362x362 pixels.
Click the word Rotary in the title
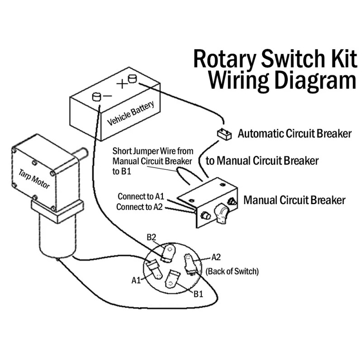pos(225,59)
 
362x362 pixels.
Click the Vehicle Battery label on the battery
pos(131,113)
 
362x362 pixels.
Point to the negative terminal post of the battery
pos(96,96)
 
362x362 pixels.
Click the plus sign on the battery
pos(121,84)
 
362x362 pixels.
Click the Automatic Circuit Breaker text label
pos(295,134)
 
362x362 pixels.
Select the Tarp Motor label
pos(34,179)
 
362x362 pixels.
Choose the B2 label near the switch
pos(151,237)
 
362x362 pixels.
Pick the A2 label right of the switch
pos(216,257)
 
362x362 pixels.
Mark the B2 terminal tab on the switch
pos(169,253)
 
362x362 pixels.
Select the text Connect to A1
pos(141,197)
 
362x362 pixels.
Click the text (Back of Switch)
pos(232,271)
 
